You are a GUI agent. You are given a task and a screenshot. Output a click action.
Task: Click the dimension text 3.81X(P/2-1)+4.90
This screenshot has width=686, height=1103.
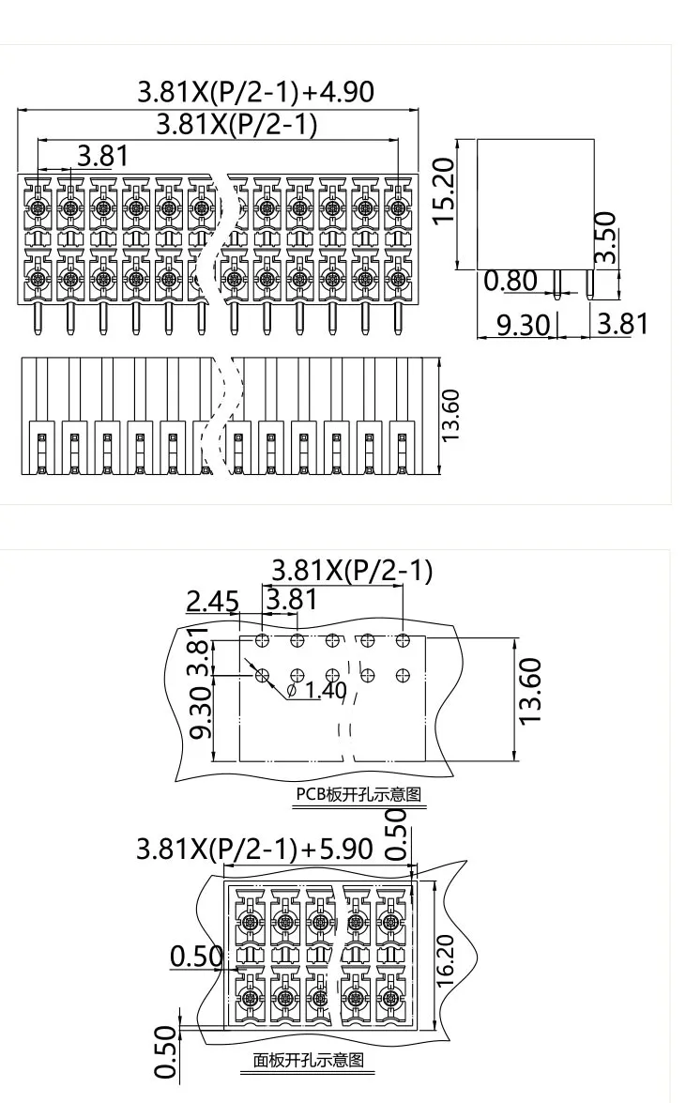[255, 93]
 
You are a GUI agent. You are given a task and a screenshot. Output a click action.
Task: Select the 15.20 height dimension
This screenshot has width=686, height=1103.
[442, 190]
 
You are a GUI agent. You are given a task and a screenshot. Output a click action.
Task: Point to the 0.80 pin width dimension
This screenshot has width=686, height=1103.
[510, 281]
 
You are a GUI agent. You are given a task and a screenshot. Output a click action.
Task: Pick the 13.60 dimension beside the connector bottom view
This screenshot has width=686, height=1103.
[451, 416]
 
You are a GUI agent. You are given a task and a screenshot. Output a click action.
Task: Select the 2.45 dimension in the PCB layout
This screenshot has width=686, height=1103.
[212, 601]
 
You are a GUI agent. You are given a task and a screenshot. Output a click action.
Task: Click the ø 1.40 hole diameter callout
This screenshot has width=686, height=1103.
[316, 692]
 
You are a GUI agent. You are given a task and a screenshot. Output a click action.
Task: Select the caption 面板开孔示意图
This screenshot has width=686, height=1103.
[308, 1062]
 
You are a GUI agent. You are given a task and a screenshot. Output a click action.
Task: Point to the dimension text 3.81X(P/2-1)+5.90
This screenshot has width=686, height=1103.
[254, 850]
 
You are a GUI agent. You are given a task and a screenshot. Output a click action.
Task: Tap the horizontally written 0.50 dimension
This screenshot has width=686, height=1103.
[195, 957]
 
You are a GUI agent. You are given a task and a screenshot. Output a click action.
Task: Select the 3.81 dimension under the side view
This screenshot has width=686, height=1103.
[622, 325]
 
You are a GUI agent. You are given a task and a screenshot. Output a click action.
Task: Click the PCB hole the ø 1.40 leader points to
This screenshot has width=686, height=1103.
[262, 674]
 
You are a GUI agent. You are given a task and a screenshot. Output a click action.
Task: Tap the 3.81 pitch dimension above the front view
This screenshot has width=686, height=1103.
[102, 155]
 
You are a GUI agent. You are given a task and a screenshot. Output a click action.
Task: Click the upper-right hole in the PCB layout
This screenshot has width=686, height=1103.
[403, 640]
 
